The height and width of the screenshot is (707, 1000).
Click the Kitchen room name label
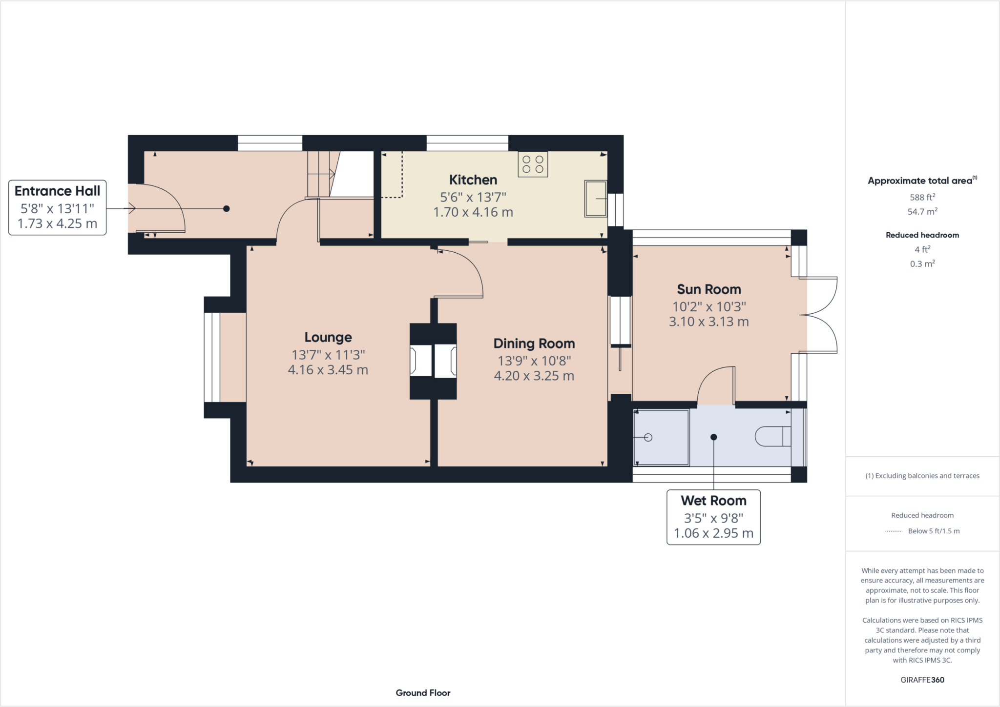click(x=473, y=180)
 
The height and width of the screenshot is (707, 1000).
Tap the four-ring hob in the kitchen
click(x=533, y=164)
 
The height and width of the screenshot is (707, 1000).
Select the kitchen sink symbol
click(x=595, y=199)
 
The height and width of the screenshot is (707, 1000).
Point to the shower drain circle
click(x=648, y=437)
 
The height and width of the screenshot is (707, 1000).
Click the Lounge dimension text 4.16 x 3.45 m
click(x=328, y=370)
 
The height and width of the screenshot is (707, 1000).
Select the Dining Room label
click(x=534, y=343)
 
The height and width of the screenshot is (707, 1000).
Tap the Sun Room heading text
click(x=708, y=289)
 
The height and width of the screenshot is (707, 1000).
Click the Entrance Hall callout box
click(x=58, y=207)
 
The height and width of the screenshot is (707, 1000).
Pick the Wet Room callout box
click(x=713, y=517)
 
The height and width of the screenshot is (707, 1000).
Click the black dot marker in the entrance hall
click(x=226, y=209)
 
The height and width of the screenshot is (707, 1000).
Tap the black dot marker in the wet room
click(x=713, y=437)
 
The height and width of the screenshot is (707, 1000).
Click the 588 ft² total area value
click(x=922, y=197)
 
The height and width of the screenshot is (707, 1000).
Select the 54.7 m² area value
click(x=922, y=211)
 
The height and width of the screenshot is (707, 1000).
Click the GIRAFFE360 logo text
click(x=922, y=680)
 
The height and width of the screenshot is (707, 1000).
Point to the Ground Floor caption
click(x=423, y=693)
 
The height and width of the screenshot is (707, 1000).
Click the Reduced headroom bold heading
click(x=922, y=235)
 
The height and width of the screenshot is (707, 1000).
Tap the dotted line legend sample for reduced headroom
click(x=894, y=531)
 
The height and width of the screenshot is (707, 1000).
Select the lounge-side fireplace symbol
click(x=420, y=361)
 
